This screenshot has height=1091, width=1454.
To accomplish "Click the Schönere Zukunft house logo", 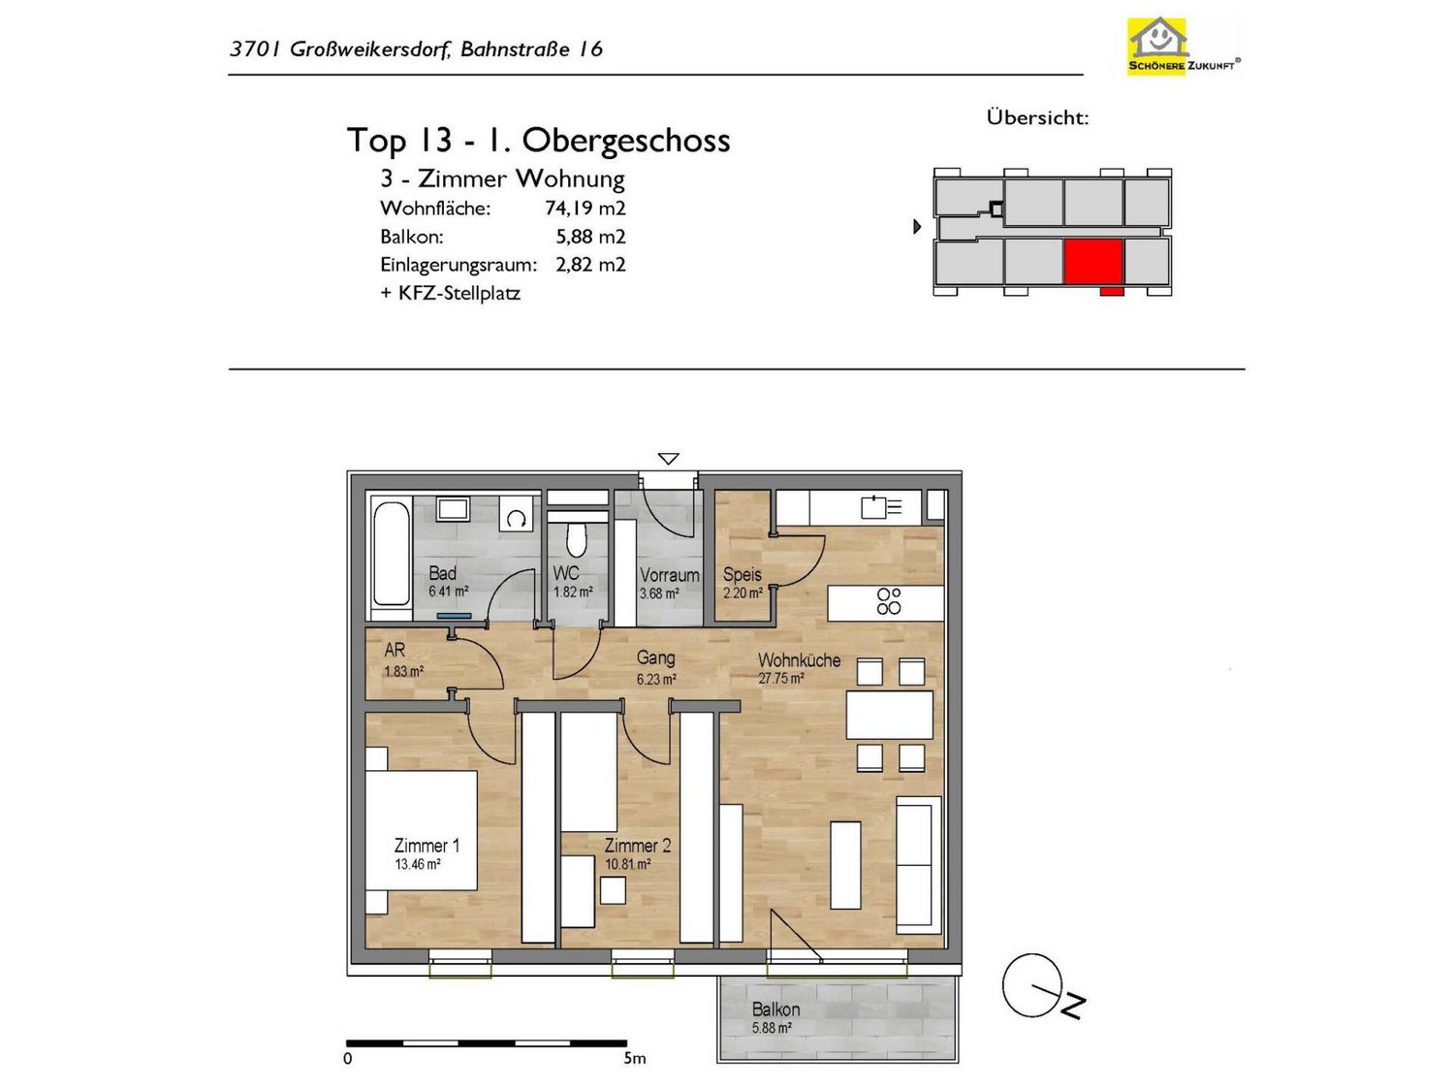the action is tap(1184, 46).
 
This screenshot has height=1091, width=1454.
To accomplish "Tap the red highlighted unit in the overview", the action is tap(1093, 262).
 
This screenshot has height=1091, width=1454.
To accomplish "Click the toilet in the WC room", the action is tap(577, 540).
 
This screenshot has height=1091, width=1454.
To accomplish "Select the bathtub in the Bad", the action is tap(392, 553).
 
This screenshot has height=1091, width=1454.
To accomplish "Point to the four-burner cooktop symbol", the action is tap(888, 600).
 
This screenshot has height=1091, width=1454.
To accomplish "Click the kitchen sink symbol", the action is tap(881, 507).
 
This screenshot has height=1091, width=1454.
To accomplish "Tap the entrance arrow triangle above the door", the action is tap(668, 459).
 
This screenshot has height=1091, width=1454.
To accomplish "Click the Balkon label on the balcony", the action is tap(775, 1010).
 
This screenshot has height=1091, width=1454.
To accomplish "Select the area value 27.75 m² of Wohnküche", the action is tap(781, 678).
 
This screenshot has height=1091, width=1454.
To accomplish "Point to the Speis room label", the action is tap(742, 574).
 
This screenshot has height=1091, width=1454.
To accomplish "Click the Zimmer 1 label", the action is tap(427, 846).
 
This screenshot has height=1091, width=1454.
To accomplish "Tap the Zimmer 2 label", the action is tap(637, 846).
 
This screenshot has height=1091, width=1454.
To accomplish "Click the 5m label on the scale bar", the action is tap(634, 1059).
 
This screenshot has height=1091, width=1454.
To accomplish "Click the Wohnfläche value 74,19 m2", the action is tap(585, 208).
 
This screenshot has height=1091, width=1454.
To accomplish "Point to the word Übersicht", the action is tap(1037, 118).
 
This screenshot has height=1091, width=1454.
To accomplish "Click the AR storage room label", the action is tap(395, 650).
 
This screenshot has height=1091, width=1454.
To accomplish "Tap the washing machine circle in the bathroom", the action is tap(516, 520).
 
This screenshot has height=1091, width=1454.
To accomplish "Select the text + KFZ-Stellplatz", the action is tap(451, 294).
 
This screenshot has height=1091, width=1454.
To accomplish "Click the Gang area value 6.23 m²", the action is tap(656, 679).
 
